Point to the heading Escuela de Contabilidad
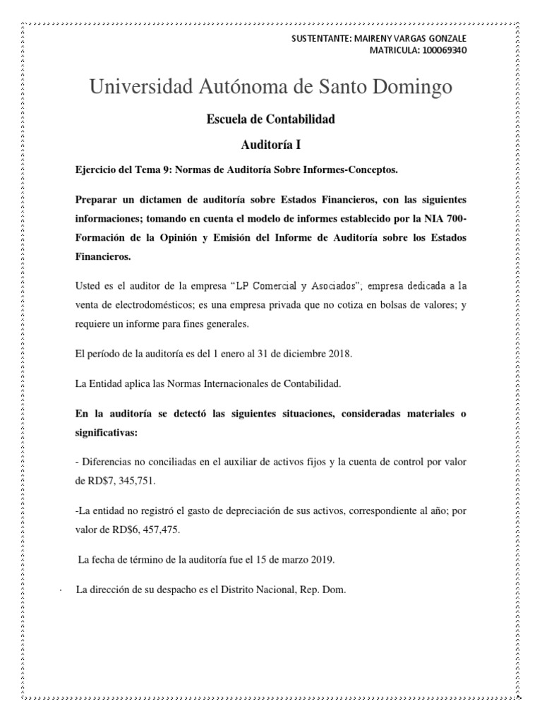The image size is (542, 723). pyautogui.click(x=270, y=119)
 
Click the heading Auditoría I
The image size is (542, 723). pyautogui.click(x=271, y=145)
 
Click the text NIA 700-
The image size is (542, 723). pyautogui.click(x=447, y=217)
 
